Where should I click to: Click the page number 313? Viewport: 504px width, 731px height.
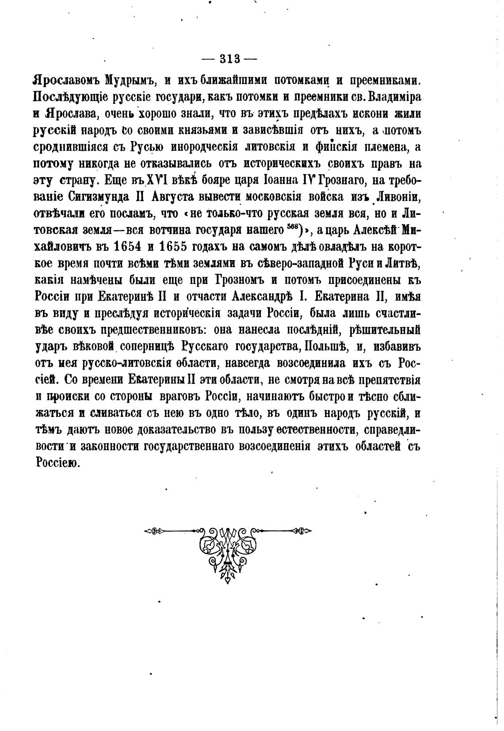(229, 58)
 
